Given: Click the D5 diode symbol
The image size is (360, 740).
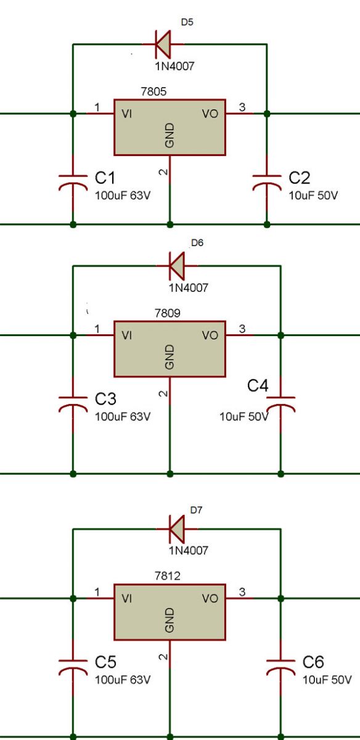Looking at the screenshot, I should (x=162, y=44).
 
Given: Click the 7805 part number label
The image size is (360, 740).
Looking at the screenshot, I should (x=153, y=91).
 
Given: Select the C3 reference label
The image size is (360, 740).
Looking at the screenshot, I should (x=105, y=398).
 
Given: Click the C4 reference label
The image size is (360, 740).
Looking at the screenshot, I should (x=258, y=387).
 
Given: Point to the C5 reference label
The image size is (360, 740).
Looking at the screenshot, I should (x=105, y=662).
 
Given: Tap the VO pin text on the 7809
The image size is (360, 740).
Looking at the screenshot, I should (x=210, y=336).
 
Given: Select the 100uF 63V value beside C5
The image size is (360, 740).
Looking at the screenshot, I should (x=123, y=680).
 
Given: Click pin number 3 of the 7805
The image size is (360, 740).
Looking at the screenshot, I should (x=242, y=107).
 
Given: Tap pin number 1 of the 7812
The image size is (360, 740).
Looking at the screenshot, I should (x=97, y=592).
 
